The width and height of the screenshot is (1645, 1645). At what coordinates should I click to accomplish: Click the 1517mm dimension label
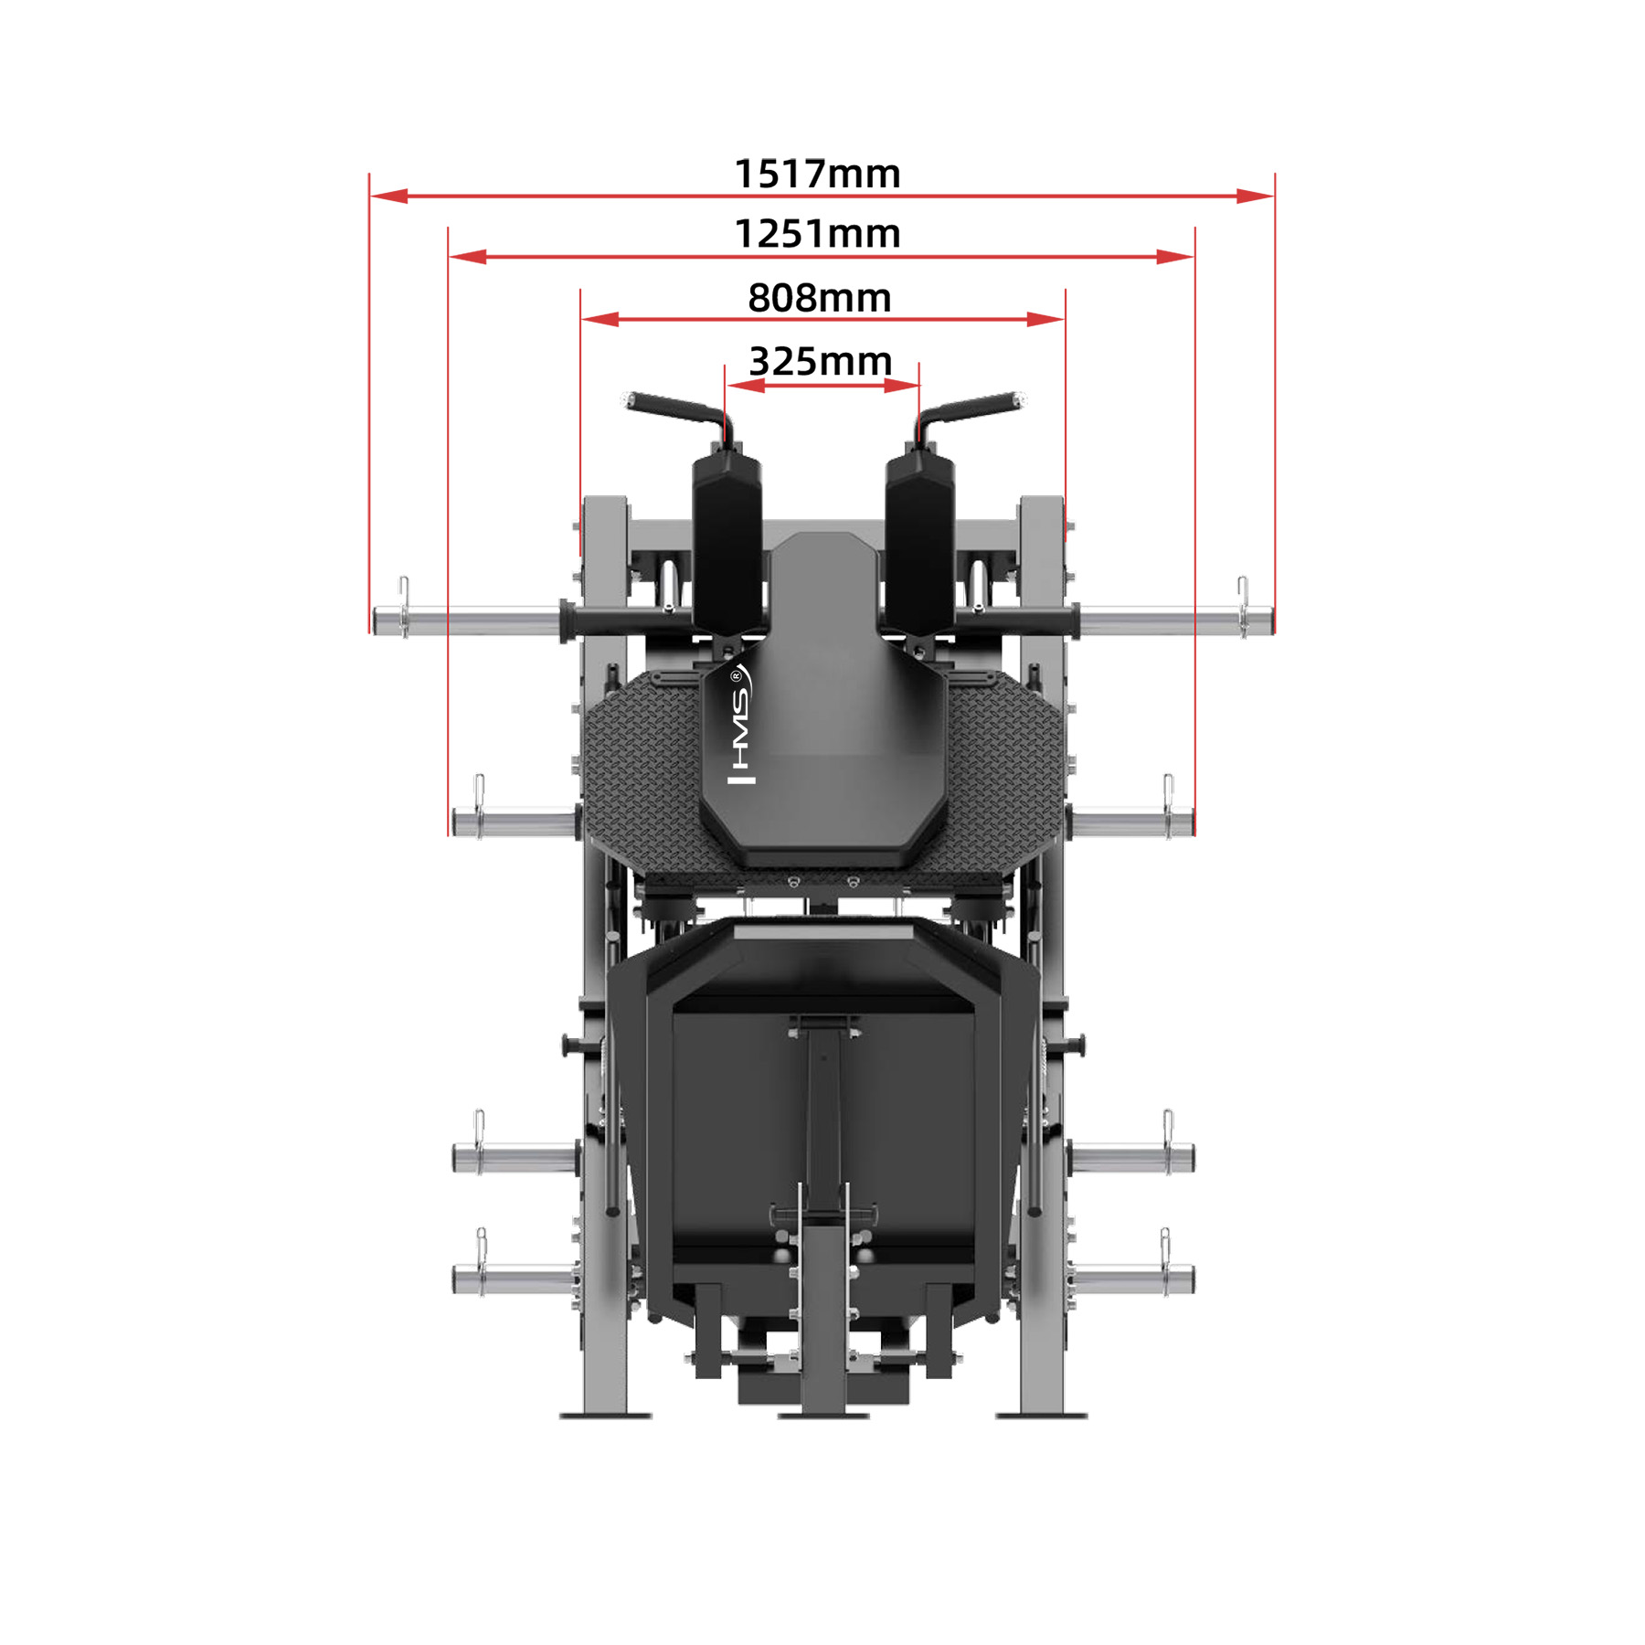817,174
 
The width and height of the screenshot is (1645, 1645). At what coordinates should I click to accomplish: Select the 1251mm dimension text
817,234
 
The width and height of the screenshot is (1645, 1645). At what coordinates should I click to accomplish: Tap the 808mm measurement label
820,298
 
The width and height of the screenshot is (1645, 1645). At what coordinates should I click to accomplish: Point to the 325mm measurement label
821,361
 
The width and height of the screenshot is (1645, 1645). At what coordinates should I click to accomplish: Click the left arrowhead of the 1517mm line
389,196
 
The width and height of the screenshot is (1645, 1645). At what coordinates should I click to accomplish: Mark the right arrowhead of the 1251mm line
1174,257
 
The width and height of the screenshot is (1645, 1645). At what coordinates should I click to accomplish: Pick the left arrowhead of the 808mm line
600,319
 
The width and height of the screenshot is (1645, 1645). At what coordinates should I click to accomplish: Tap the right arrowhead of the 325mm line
901,386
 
